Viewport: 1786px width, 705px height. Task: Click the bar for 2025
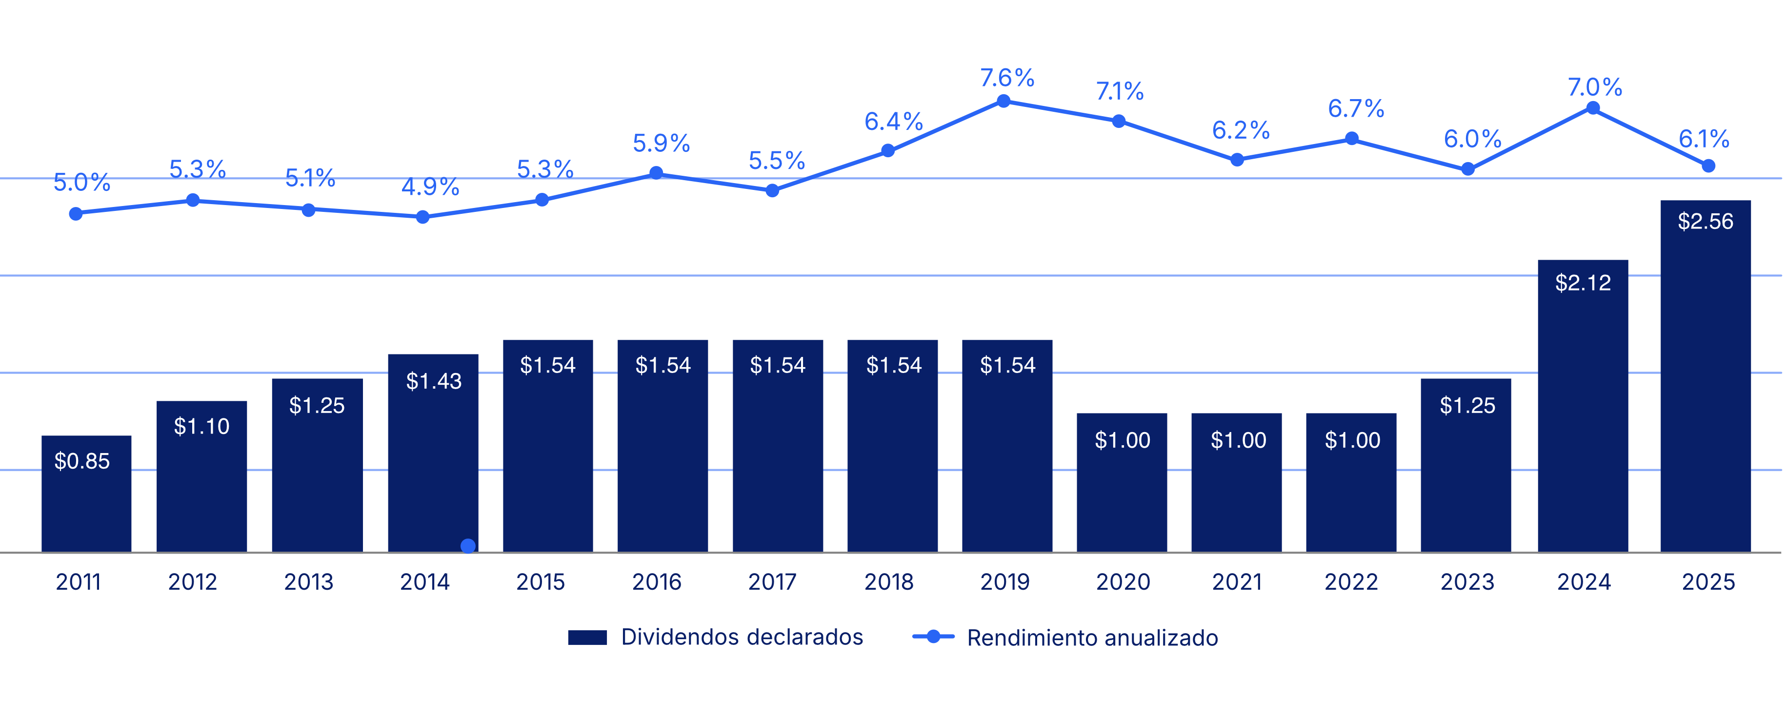[x=1705, y=389]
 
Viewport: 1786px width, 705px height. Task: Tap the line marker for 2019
[x=1003, y=102]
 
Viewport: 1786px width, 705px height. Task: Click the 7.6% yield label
[x=1007, y=77]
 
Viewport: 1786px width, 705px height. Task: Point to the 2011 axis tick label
[x=79, y=581]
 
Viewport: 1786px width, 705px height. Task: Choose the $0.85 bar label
[x=82, y=461]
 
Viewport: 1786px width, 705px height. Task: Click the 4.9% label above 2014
[x=430, y=187]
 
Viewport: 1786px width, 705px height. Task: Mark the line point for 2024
[x=1593, y=108]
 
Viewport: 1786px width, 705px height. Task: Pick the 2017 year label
[x=772, y=581]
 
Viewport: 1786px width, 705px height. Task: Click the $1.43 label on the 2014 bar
[x=433, y=381]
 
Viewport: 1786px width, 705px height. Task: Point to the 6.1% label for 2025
[x=1704, y=139]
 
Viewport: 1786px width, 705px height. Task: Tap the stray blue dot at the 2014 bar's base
[x=468, y=545]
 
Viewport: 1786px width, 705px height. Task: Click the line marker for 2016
[x=656, y=173]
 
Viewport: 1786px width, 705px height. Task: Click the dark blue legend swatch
[x=587, y=637]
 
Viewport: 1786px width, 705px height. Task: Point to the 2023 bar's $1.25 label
[x=1467, y=405]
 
